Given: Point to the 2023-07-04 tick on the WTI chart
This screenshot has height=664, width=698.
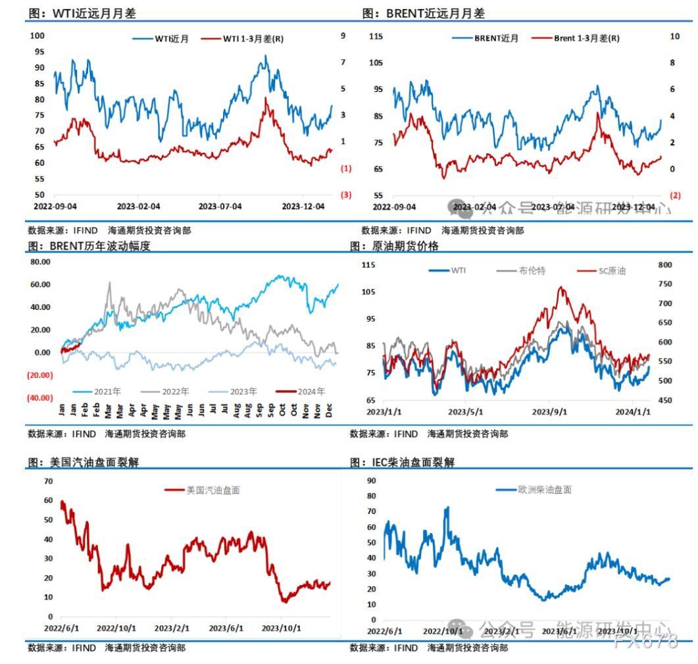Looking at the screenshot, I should pyautogui.click(x=220, y=206).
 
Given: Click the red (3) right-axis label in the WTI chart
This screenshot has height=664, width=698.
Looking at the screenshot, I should pyautogui.click(x=345, y=195).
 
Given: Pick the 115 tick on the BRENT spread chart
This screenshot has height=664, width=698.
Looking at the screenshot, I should pyautogui.click(x=376, y=36).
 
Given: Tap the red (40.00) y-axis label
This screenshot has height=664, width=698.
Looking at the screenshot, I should pyautogui.click(x=40, y=397).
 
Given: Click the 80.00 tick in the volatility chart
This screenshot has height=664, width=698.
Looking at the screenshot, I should pyautogui.click(x=41, y=262).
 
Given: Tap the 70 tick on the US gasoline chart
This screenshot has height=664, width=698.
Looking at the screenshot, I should pyautogui.click(x=48, y=481).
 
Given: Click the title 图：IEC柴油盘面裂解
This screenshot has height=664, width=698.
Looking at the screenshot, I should pyautogui.click(x=402, y=463).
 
